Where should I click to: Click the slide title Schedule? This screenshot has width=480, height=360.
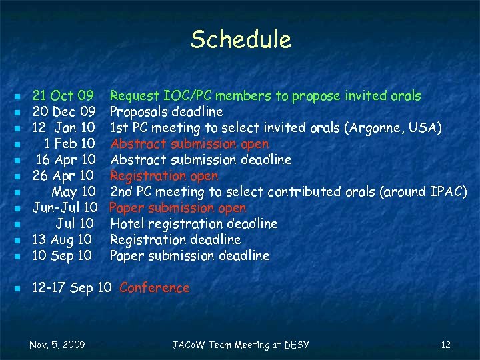(241, 40)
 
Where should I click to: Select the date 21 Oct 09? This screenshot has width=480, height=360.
(63, 96)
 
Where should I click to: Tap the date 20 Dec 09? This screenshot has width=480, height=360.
(65, 112)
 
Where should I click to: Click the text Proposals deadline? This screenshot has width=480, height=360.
(166, 112)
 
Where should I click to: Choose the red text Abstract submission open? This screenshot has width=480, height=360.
(189, 144)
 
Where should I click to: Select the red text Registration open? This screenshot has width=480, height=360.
(164, 176)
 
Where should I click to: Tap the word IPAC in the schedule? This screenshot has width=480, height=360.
(446, 192)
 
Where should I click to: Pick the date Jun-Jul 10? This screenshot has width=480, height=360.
(65, 208)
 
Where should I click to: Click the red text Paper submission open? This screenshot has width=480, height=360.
(178, 208)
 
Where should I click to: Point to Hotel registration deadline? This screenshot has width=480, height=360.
(193, 224)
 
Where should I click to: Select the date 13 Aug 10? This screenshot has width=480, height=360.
(63, 240)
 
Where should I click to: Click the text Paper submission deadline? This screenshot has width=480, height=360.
(189, 256)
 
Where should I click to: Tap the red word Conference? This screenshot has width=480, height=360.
(154, 288)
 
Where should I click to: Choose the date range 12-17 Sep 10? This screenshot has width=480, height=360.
(71, 288)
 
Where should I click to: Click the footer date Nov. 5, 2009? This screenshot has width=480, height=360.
(57, 345)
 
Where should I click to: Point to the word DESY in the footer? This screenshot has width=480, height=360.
(296, 345)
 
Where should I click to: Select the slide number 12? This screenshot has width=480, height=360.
(446, 345)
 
